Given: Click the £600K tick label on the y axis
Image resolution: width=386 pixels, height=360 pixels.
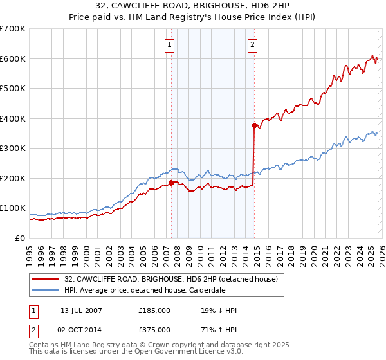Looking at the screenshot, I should point(13,59).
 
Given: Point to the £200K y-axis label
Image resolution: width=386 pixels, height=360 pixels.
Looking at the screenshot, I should point(13,178).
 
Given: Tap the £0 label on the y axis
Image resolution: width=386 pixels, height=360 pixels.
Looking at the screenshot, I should point(19,238).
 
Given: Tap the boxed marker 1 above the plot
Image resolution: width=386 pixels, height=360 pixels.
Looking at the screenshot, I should point(169,44).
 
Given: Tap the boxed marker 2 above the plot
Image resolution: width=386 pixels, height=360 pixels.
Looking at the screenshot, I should point(252,44).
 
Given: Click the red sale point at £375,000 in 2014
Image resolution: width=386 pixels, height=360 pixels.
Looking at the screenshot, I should point(254,125).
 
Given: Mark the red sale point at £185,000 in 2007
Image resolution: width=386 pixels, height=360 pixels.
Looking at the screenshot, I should point(172,183).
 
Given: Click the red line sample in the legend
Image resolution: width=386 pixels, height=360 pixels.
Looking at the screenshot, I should point(46,279).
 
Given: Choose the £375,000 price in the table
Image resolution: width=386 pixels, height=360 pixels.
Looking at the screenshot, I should point(154,329).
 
